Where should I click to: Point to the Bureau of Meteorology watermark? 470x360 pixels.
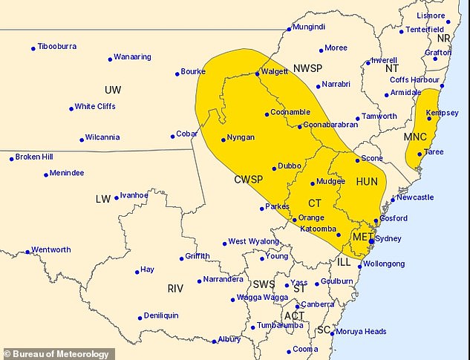pos(58,354)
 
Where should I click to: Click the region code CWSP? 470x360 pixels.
pos(251,180)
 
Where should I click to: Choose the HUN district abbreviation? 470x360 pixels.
pos(367,181)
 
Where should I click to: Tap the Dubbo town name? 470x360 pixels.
pos(290,166)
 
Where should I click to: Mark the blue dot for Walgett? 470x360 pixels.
pos(257,73)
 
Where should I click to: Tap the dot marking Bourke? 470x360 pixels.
pos(177,73)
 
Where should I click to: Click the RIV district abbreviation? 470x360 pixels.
pos(175,288)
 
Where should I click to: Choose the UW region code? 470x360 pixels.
pos(113,90)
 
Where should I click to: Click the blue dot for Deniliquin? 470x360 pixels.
pos(140,318)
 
